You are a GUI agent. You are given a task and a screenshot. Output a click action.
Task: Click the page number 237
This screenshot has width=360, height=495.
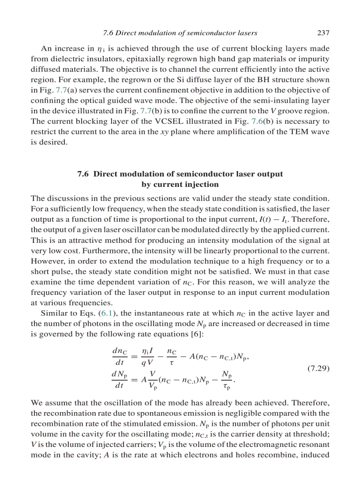(x=323, y=33)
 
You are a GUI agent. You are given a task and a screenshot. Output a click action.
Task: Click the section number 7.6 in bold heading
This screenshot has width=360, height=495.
(x=83, y=174)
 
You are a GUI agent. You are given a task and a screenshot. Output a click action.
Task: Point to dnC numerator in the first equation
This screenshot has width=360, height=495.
(x=120, y=351)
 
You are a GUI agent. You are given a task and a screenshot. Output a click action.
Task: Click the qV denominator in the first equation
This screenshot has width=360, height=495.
(x=147, y=363)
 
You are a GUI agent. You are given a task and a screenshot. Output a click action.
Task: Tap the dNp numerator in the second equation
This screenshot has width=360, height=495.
(x=120, y=375)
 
